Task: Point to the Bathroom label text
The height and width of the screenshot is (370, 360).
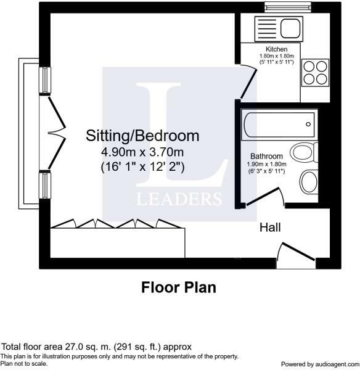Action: (x=266, y=156)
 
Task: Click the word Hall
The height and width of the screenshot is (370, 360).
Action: (x=270, y=228)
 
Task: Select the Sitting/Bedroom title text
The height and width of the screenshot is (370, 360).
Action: (x=142, y=135)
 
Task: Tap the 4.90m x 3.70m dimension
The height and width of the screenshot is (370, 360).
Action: (x=142, y=152)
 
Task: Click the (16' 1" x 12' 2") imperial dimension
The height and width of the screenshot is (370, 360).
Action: (x=142, y=166)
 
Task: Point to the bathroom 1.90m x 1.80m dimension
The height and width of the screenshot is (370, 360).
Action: (x=266, y=164)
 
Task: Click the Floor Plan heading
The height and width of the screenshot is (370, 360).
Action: (x=179, y=287)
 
